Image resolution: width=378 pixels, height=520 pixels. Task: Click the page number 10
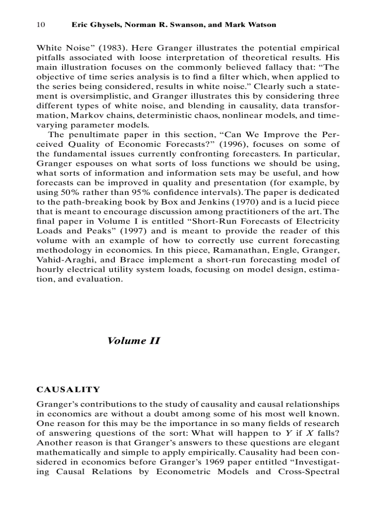[40, 25]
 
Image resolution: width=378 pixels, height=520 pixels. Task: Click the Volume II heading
[133, 341]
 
